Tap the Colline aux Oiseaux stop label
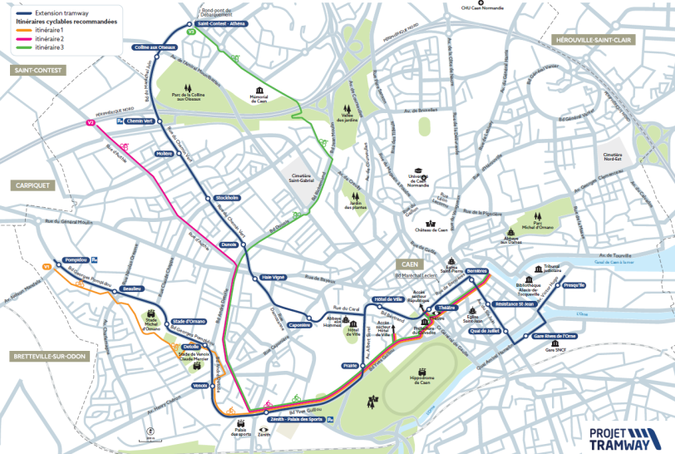tap(155, 47)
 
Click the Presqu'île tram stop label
tap(574, 285)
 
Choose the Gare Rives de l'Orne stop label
tap(554, 336)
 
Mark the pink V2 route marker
tap(91, 123)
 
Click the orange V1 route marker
tap(47, 267)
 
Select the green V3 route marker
tap(191, 32)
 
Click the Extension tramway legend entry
tap(55, 12)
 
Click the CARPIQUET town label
tap(33, 185)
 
